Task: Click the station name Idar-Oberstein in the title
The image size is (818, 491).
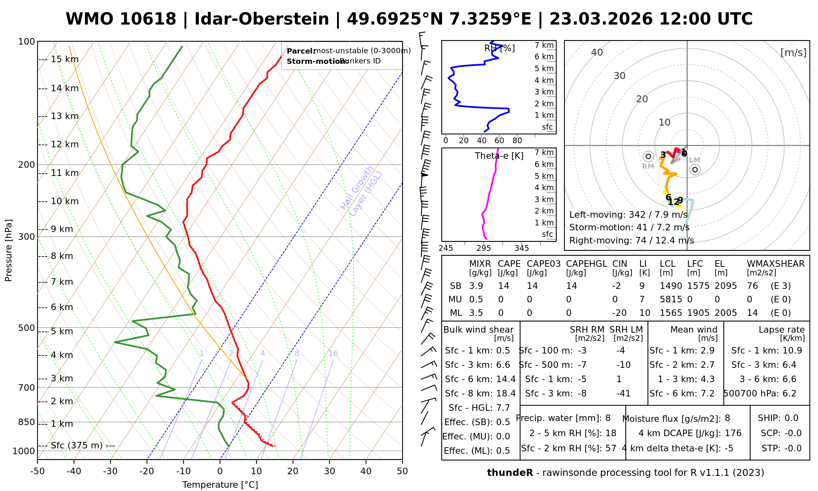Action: click(262, 19)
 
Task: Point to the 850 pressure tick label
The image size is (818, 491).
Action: click(27, 422)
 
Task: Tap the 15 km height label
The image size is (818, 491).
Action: click(65, 59)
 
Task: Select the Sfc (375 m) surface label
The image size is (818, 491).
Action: click(76, 445)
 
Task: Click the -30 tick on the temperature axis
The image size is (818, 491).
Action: click(110, 471)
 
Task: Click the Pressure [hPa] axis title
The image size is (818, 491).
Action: click(8, 250)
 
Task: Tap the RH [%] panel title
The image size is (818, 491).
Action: click(499, 48)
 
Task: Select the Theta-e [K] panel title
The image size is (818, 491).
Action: click(499, 156)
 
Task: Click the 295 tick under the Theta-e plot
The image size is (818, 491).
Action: click(484, 248)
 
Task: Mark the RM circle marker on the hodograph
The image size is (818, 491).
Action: click(648, 156)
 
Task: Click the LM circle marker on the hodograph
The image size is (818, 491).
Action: click(695, 169)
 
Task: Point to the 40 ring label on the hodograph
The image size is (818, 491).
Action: click(597, 52)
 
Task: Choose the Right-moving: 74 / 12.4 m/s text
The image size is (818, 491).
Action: click(631, 240)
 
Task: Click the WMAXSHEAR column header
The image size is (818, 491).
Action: click(775, 264)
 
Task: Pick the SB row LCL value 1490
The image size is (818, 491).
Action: click(671, 286)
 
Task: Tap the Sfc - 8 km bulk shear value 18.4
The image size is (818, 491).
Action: click(506, 394)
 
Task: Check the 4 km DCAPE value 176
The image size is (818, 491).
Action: click(733, 433)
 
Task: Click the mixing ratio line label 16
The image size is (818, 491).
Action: click(333, 354)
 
